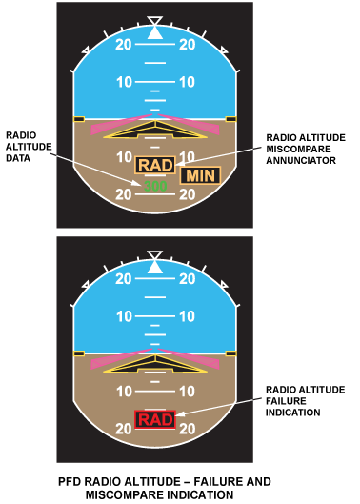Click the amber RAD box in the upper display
point(154,166)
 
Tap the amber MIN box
point(200,175)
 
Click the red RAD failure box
point(154,419)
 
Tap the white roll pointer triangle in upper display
point(154,31)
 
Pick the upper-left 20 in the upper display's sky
point(122,44)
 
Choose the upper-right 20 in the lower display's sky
point(188,278)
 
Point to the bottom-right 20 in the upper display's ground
point(188,194)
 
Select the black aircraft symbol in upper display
point(154,130)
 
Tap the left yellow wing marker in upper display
point(78,119)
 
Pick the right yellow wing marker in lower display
point(230,354)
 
